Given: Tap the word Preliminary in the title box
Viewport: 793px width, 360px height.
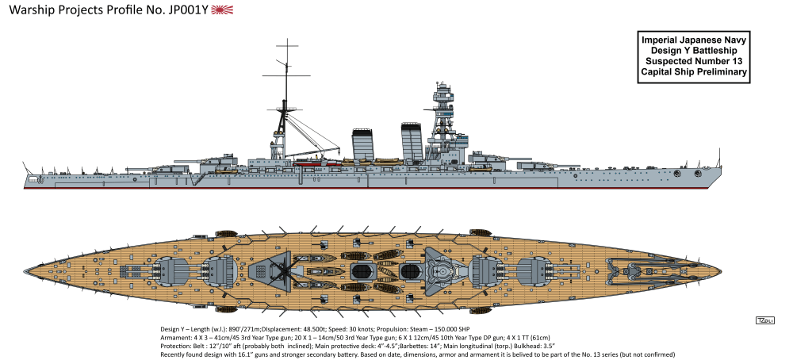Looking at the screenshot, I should click(719, 72).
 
